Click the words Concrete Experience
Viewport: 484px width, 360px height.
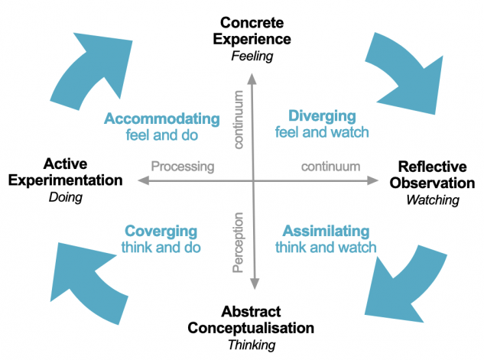(x=253, y=30)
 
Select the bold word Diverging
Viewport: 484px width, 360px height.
(x=322, y=116)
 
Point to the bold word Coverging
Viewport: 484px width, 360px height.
(x=161, y=232)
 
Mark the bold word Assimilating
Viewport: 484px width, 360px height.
(x=326, y=232)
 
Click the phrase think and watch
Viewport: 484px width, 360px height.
(x=326, y=248)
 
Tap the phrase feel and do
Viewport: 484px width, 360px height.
(x=161, y=135)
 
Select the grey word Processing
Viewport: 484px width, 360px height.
(x=182, y=166)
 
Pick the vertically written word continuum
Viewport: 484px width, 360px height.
(x=238, y=119)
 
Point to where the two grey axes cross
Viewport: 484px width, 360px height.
(x=253, y=181)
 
